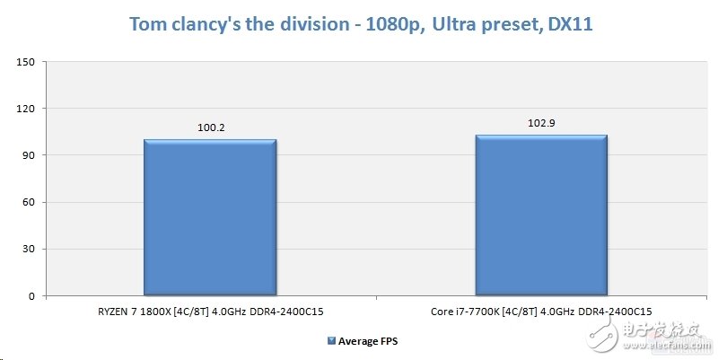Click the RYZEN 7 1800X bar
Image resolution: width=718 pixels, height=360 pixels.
click(x=209, y=217)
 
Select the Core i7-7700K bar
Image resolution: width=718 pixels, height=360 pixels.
click(x=541, y=215)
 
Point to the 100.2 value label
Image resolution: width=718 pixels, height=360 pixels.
click(x=210, y=127)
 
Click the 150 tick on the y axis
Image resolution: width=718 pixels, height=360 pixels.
click(x=25, y=62)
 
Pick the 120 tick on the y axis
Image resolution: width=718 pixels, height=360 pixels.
click(x=25, y=109)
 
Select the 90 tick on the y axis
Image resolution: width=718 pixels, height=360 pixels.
click(x=28, y=155)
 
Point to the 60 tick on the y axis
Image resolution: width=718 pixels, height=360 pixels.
click(x=28, y=202)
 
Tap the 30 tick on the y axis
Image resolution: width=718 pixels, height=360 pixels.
click(x=28, y=249)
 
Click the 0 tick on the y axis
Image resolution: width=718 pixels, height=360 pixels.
click(x=31, y=295)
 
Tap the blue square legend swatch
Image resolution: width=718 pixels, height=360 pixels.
click(x=332, y=340)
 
